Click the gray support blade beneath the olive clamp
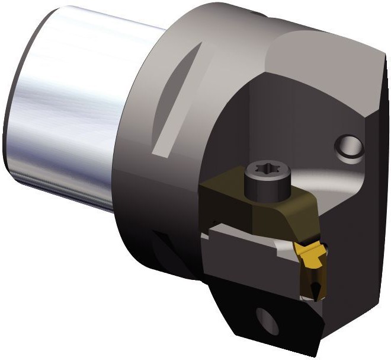pyautogui.click(x=243, y=243)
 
